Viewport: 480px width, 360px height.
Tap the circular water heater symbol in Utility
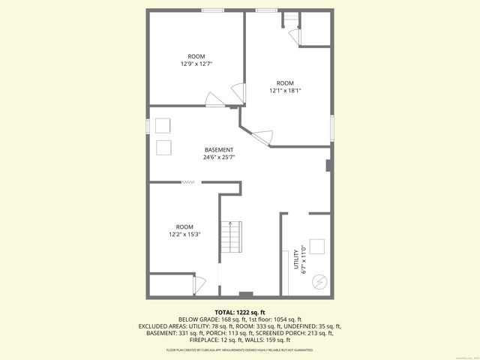pos(319,281)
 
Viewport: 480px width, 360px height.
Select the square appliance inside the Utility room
pos(317,247)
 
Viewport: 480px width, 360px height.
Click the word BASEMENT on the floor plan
pos(219,150)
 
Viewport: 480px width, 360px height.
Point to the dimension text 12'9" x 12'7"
pos(196,64)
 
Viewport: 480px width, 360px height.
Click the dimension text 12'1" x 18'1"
pos(285,91)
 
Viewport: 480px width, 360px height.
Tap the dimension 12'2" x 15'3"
pos(184,234)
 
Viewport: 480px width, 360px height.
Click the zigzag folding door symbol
pos(188,181)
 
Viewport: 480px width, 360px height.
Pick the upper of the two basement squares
pos(163,125)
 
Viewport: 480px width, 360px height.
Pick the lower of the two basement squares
pos(163,146)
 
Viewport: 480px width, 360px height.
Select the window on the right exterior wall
pos(331,127)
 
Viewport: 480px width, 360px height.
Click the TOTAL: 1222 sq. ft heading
pos(239,311)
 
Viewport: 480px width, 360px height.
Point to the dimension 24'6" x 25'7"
pos(219,157)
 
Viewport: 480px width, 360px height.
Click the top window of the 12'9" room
pos(211,10)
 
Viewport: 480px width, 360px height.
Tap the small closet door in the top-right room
pos(295,37)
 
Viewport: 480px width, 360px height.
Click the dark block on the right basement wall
pos(328,165)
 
